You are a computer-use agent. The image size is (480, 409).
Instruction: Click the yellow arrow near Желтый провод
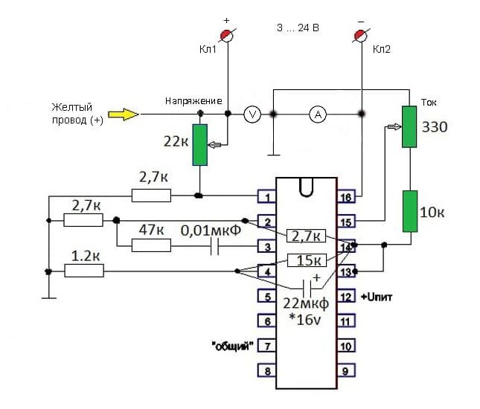[123, 115]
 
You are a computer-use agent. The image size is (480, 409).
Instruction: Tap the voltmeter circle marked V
[252, 115]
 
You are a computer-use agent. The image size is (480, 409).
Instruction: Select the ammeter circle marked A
[318, 115]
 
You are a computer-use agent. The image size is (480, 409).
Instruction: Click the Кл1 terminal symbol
[227, 35]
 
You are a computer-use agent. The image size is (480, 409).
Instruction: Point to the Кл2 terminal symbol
[361, 36]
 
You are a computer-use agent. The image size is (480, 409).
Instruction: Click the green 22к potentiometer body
[200, 145]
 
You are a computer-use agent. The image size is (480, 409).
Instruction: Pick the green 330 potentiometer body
[409, 126]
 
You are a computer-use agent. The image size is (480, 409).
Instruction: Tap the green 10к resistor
[410, 211]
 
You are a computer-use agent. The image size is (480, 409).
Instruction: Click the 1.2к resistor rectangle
[84, 271]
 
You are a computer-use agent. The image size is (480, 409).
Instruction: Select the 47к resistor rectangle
[151, 245]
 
